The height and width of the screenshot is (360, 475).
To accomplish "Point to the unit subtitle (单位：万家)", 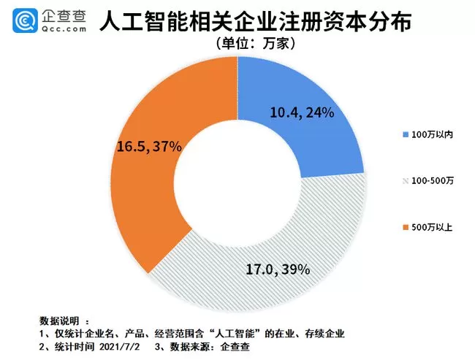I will point(256,44).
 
